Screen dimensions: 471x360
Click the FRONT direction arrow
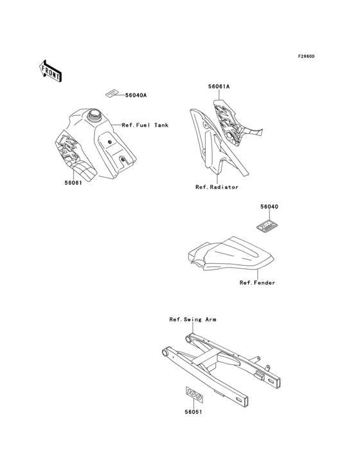[x=51, y=70]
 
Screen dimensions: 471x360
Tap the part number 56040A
[x=136, y=95]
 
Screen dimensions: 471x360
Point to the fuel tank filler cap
[x=96, y=116]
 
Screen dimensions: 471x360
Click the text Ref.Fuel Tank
[x=145, y=125]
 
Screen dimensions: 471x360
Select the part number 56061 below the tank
[x=73, y=182]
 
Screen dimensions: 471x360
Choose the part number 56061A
[x=218, y=86]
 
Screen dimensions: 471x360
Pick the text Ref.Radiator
[x=217, y=187]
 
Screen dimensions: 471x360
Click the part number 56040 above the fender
[x=269, y=207]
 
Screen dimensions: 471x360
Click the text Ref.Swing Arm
[x=192, y=319]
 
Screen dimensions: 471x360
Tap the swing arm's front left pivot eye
[x=165, y=353]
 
